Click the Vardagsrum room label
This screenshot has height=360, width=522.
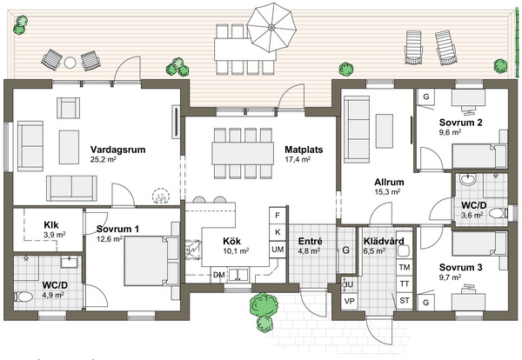click(117, 150)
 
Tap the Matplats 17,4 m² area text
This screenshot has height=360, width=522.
click(298, 159)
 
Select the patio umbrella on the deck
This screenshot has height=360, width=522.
click(271, 27)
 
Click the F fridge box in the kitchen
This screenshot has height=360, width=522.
click(278, 216)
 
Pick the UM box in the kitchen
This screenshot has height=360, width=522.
click(278, 249)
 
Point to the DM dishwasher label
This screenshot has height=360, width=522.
click(218, 275)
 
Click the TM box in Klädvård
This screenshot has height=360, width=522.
click(405, 267)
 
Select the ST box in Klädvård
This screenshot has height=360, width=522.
click(405, 301)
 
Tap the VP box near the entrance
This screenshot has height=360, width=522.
click(349, 301)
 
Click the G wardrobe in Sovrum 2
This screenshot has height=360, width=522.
click(425, 97)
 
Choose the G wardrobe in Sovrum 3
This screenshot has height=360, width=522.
click(425, 303)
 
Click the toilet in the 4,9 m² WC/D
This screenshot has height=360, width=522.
click(23, 296)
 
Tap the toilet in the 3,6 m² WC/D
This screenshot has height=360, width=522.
click(499, 212)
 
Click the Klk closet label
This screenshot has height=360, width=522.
click(51, 225)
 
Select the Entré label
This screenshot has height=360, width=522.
click(311, 241)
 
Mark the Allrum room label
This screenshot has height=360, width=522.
click(389, 182)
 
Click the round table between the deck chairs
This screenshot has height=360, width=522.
click(70, 63)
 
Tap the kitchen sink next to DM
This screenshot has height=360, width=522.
click(237, 275)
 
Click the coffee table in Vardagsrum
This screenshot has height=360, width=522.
click(70, 147)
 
